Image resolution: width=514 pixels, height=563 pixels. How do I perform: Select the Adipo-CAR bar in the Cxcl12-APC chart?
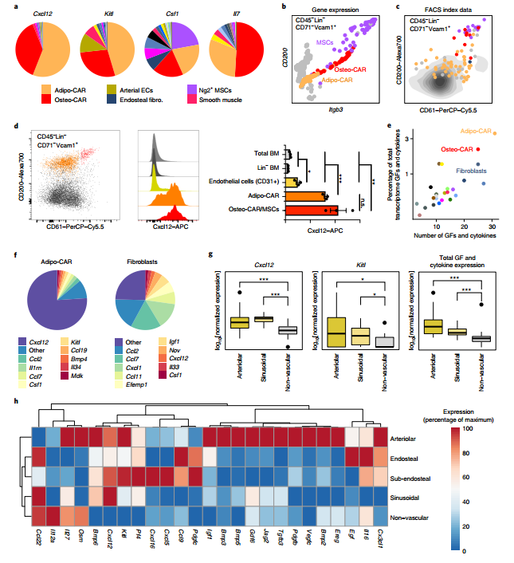coord(306,195)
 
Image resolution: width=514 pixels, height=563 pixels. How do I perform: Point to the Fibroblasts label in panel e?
coord(473,170)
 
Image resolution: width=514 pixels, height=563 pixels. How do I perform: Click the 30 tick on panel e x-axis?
coord(492,226)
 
